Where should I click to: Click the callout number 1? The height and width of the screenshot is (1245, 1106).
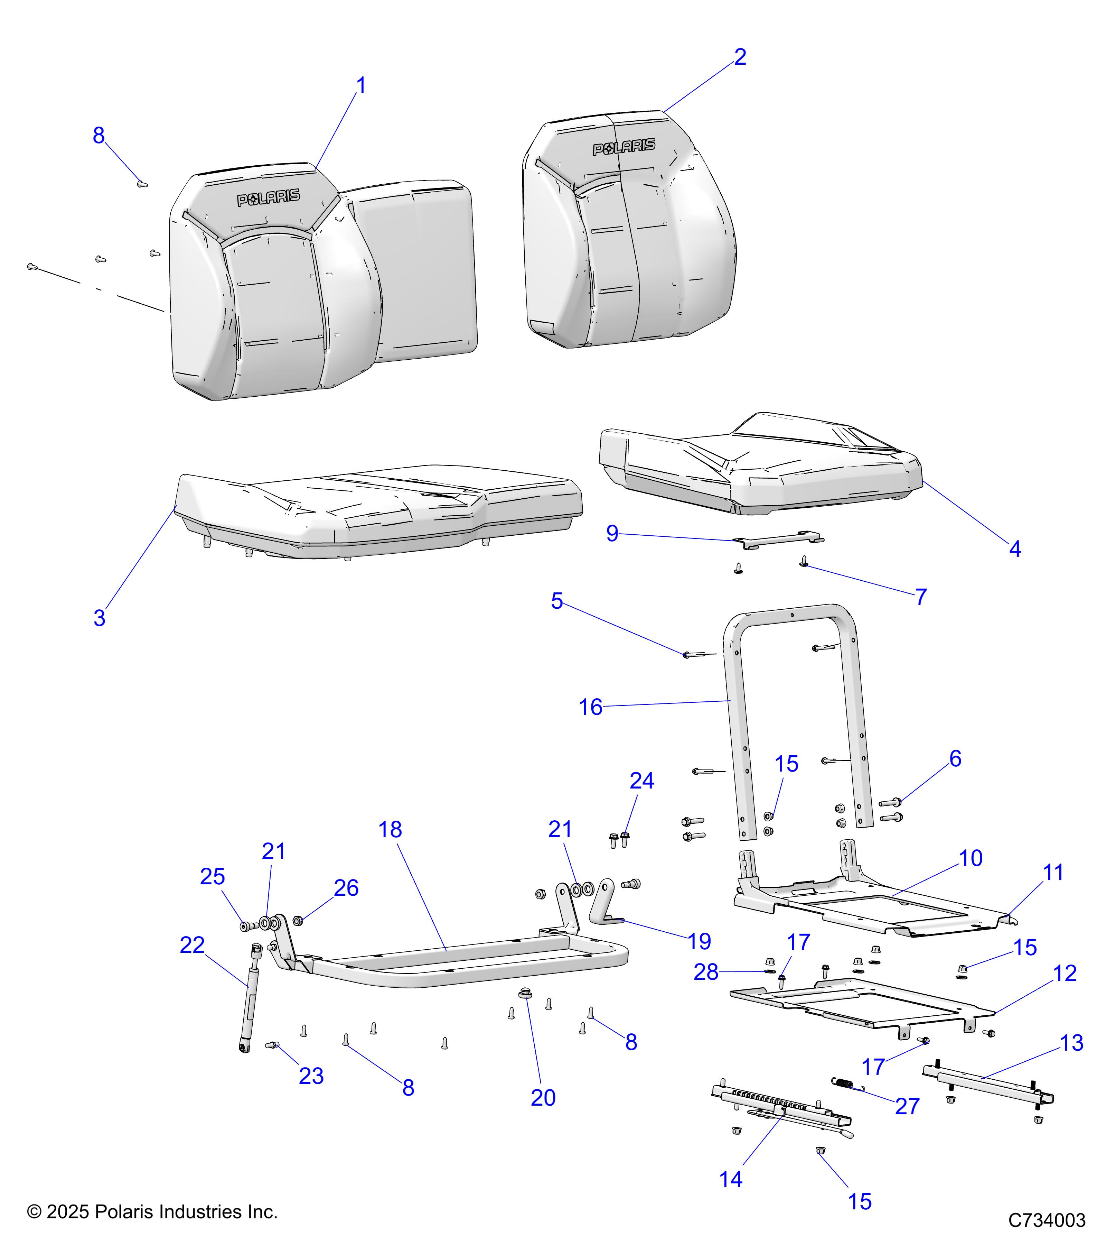coord(361,86)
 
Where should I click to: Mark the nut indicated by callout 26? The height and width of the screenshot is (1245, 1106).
coord(298,920)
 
